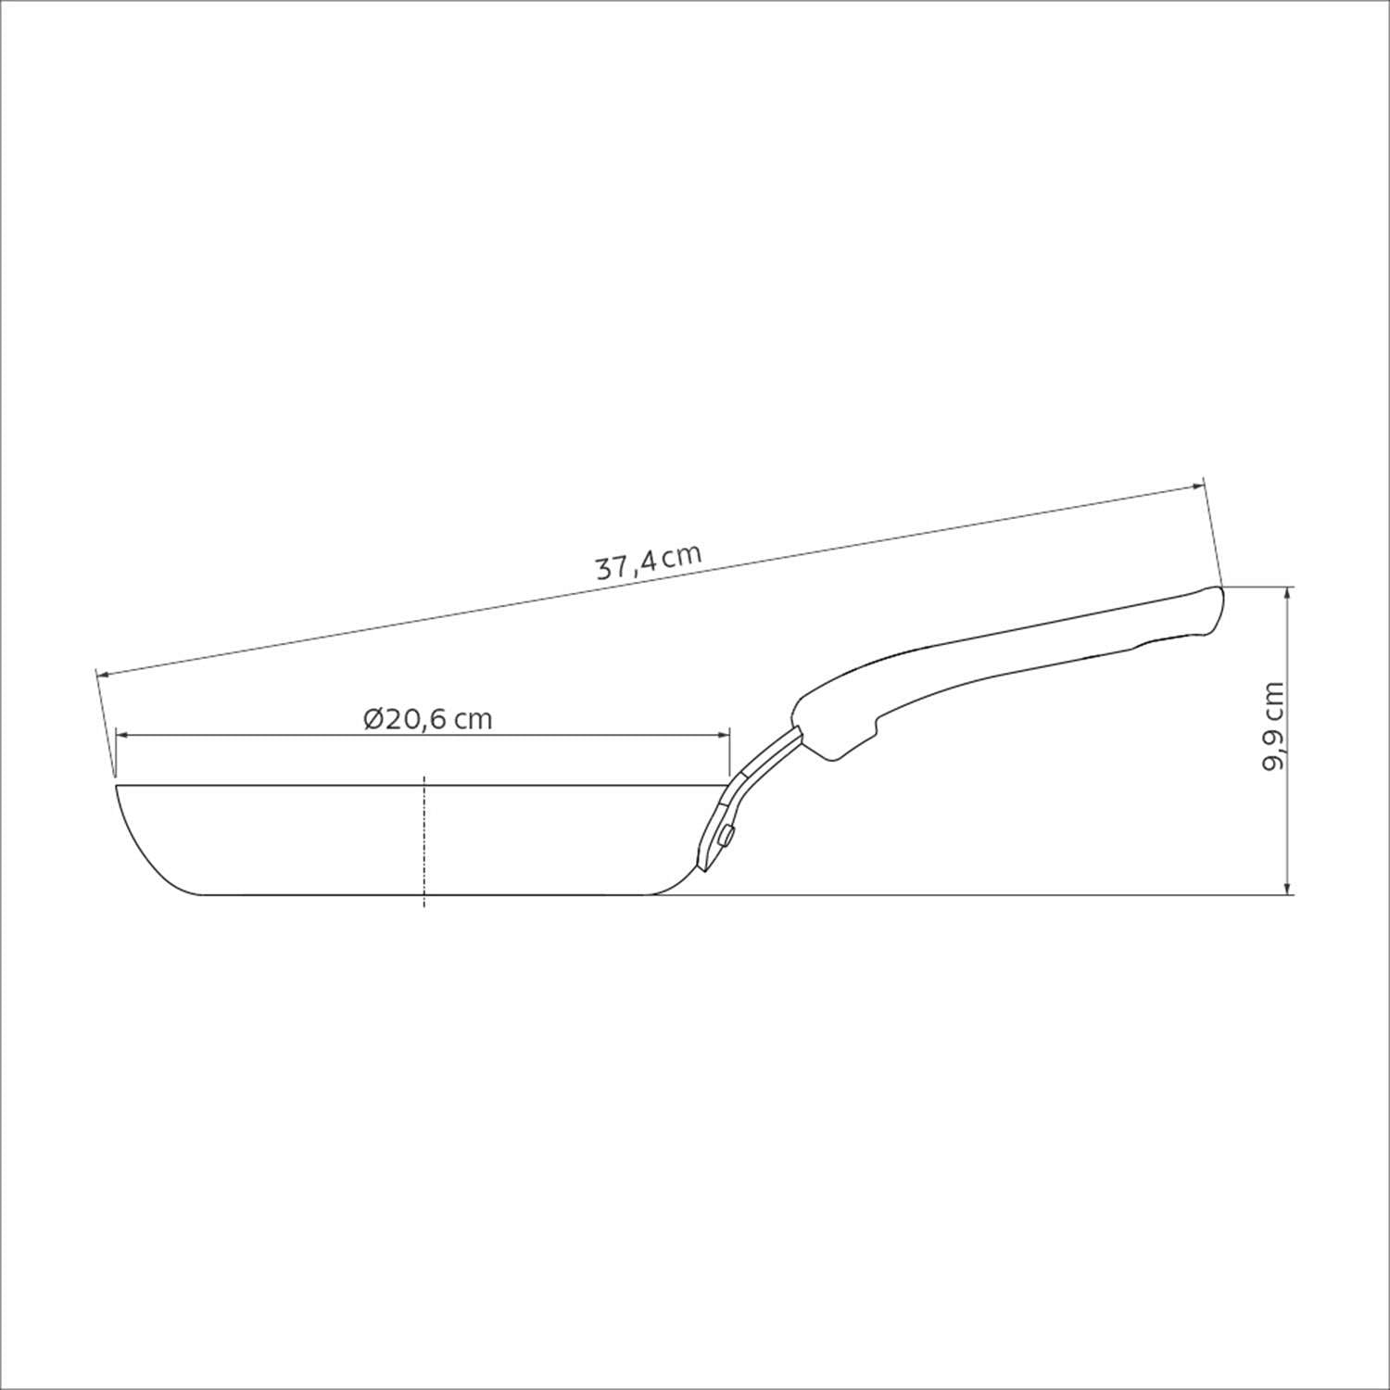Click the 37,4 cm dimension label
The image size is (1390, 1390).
(x=648, y=562)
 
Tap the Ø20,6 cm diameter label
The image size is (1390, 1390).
(x=428, y=719)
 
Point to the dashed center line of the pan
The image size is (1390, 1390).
(x=423, y=841)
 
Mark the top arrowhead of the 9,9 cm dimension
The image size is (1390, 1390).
(x=1288, y=596)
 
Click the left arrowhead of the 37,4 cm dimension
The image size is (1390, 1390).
(x=105, y=673)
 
